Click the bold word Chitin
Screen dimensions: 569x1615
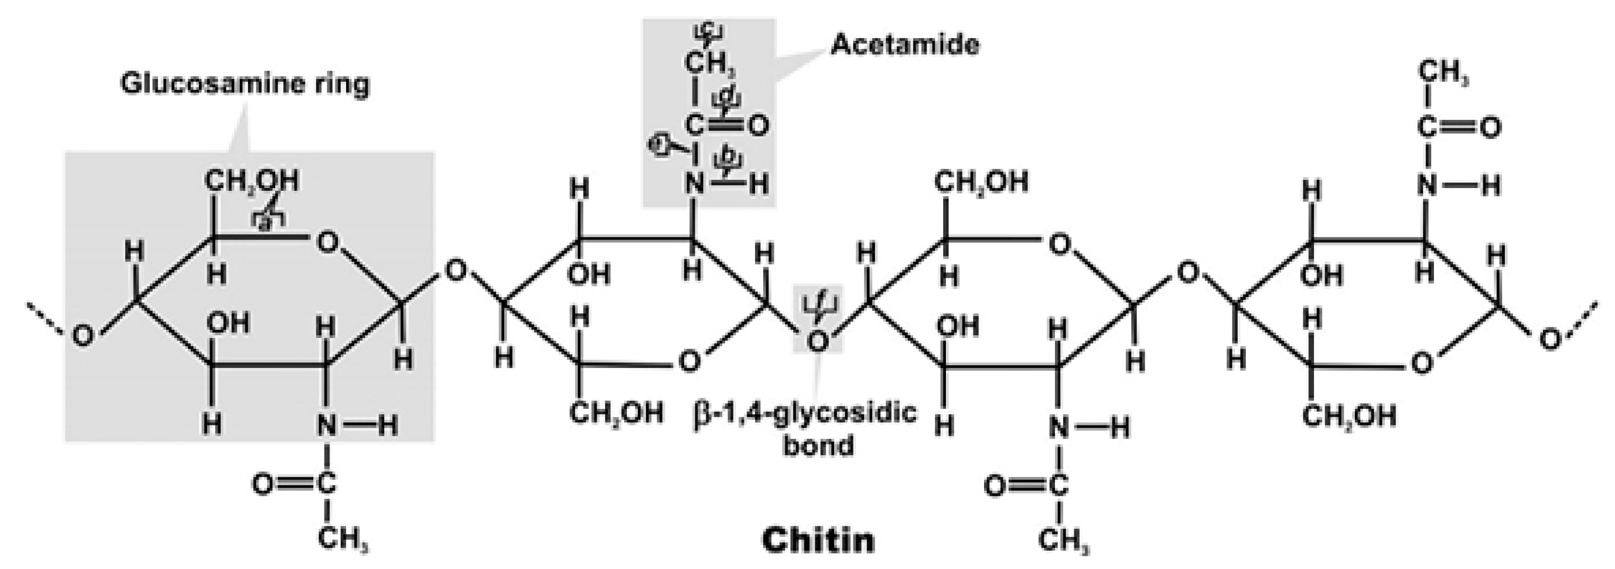pos(818,540)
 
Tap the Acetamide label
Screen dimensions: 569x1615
pos(905,45)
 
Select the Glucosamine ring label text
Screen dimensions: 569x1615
pos(245,83)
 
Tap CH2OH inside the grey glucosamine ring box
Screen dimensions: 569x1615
pos(252,182)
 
